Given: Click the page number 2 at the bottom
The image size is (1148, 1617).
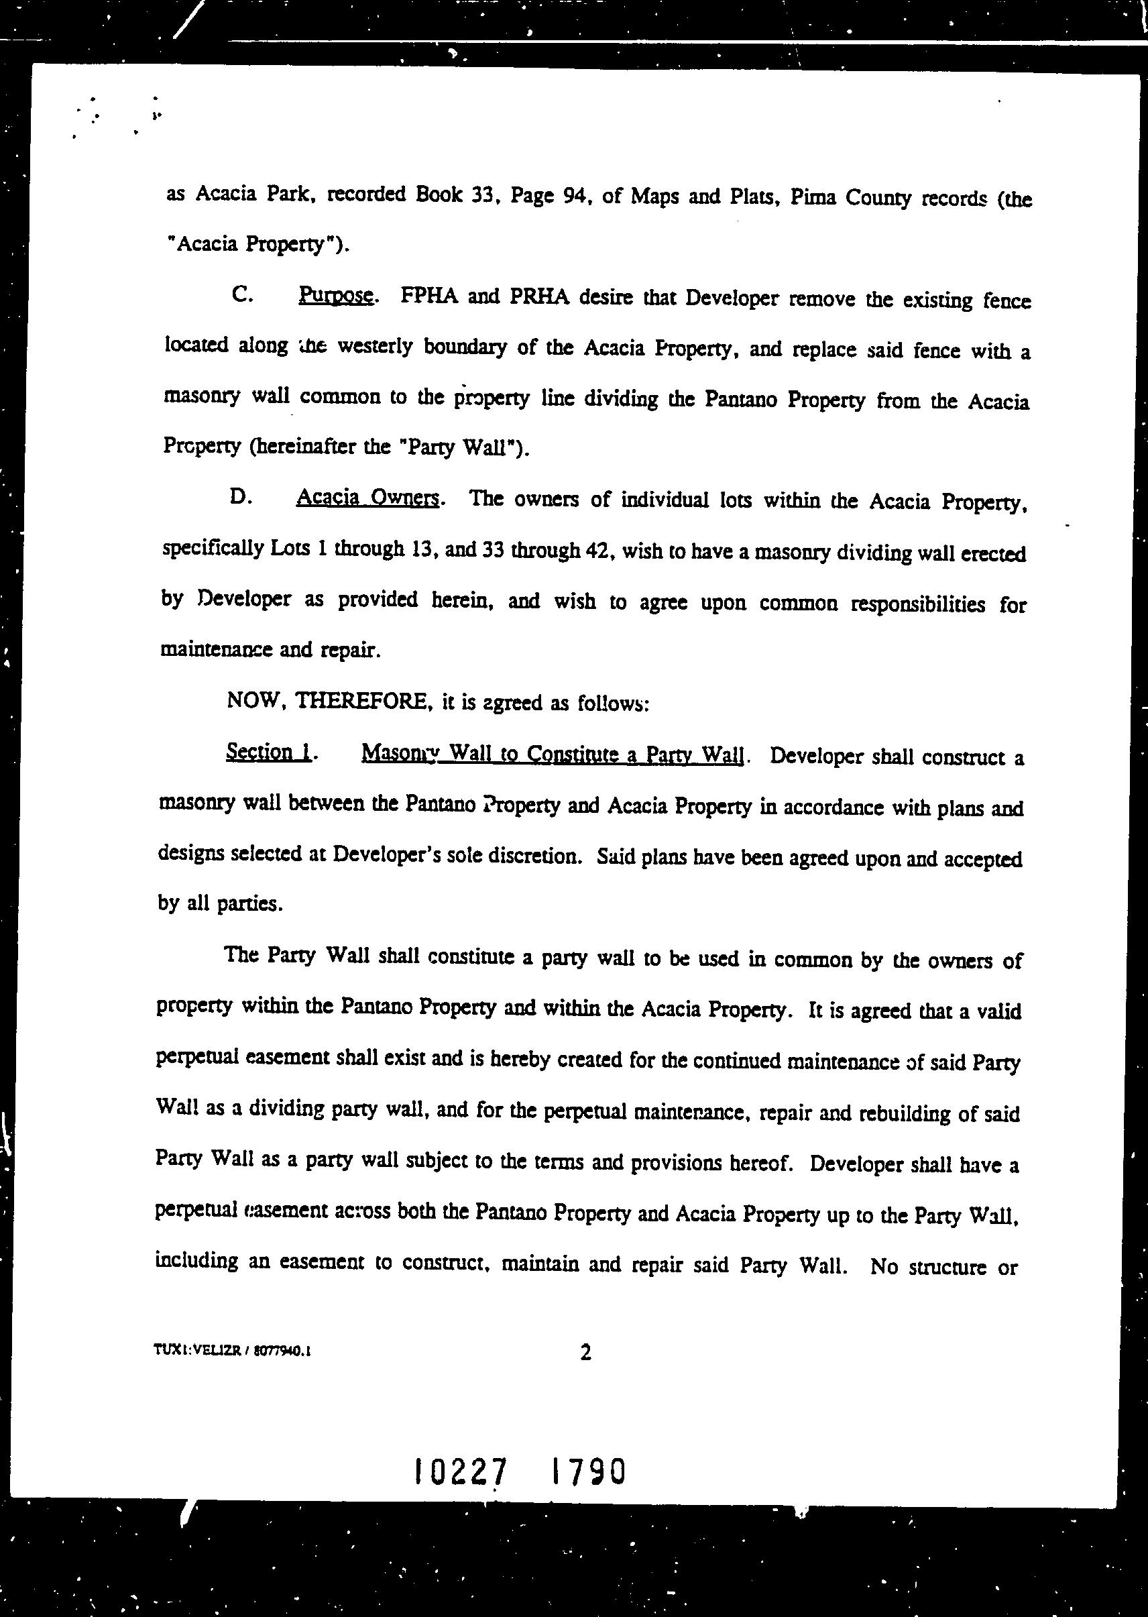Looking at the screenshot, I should (585, 1353).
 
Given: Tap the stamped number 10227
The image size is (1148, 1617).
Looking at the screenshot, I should (461, 1473).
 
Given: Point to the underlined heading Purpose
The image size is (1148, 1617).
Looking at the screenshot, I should (336, 296).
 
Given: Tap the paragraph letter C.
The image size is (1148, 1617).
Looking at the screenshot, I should (241, 296).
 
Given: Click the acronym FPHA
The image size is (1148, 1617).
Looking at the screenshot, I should (429, 296).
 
